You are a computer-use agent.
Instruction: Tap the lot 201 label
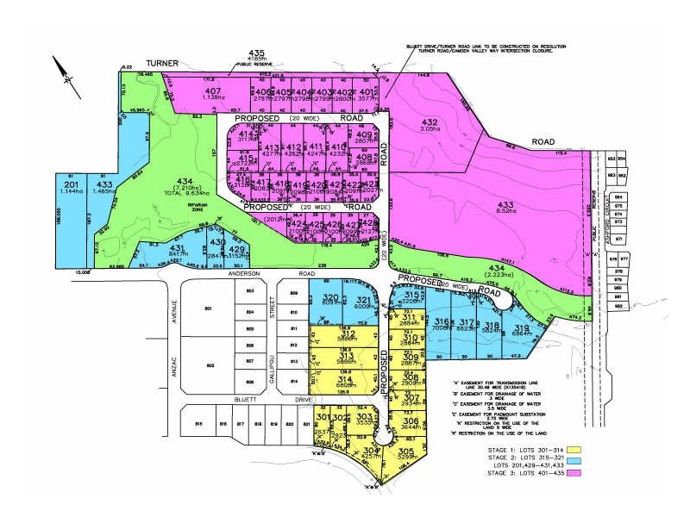[x=72, y=185]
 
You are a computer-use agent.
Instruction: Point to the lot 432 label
[x=430, y=122]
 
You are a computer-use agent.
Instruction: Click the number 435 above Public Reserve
[x=256, y=53]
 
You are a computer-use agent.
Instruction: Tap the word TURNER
[x=162, y=64]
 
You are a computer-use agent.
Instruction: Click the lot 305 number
[x=408, y=452]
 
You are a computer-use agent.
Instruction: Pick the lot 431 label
[x=177, y=248]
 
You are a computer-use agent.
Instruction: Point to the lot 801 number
[x=207, y=308]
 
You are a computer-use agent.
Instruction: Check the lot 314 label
[x=347, y=379]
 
